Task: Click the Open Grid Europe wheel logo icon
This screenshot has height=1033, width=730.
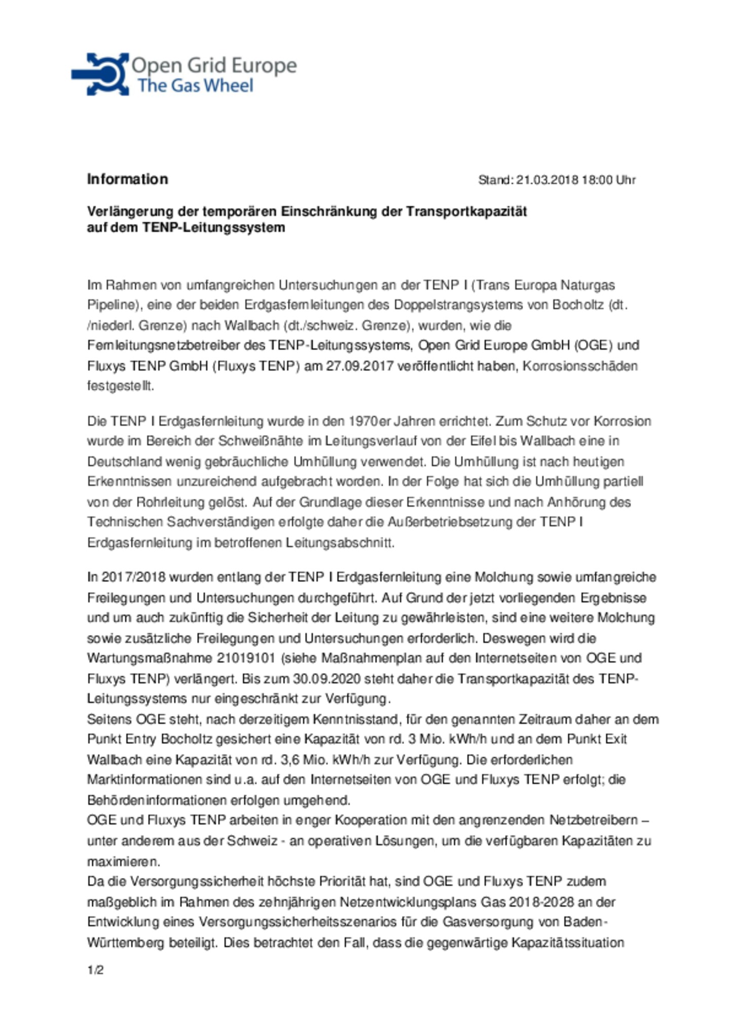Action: coord(100,74)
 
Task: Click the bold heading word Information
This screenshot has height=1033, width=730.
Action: coord(127,179)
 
